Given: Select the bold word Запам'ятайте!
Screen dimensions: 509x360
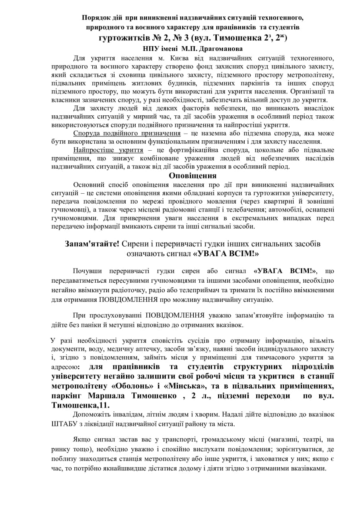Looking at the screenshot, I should coord(92,244).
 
